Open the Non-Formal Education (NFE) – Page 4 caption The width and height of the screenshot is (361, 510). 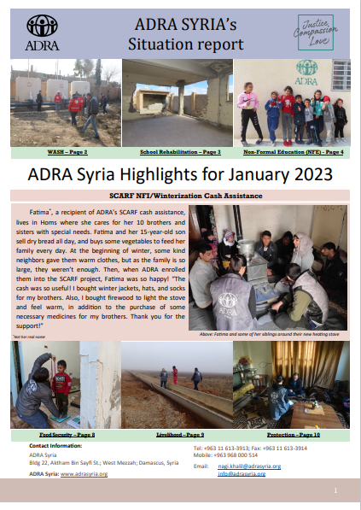(294, 152)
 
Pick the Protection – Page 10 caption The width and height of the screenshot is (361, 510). (294, 436)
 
